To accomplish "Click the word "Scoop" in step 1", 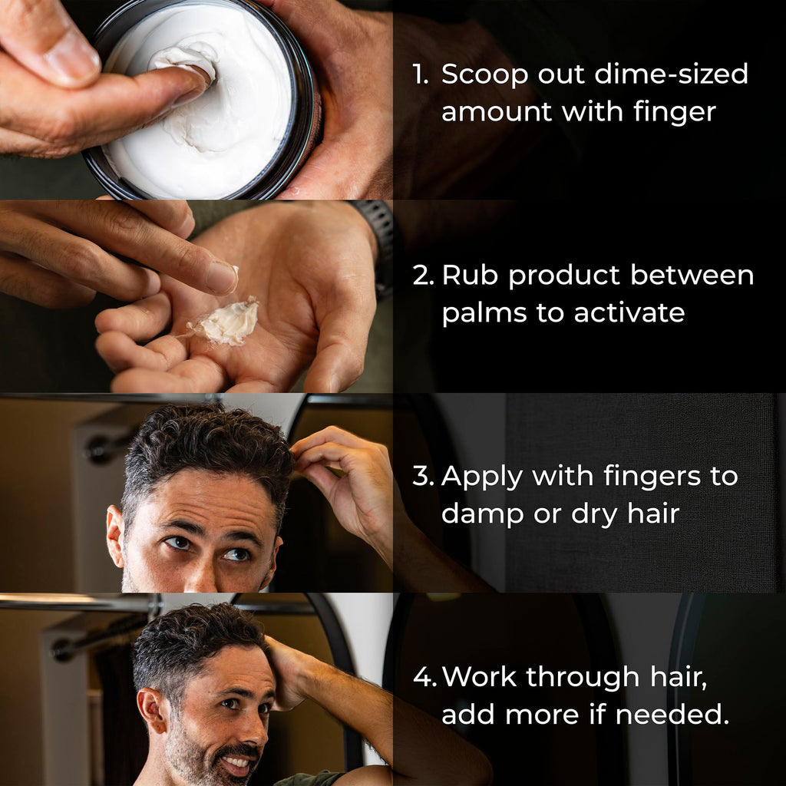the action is (485, 74).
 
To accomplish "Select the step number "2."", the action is (424, 276).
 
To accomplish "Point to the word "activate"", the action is (629, 313).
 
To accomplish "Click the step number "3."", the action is (424, 476).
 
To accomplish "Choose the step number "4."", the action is (424, 677).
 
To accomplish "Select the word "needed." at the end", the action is (672, 714).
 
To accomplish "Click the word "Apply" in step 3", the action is (482, 476).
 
